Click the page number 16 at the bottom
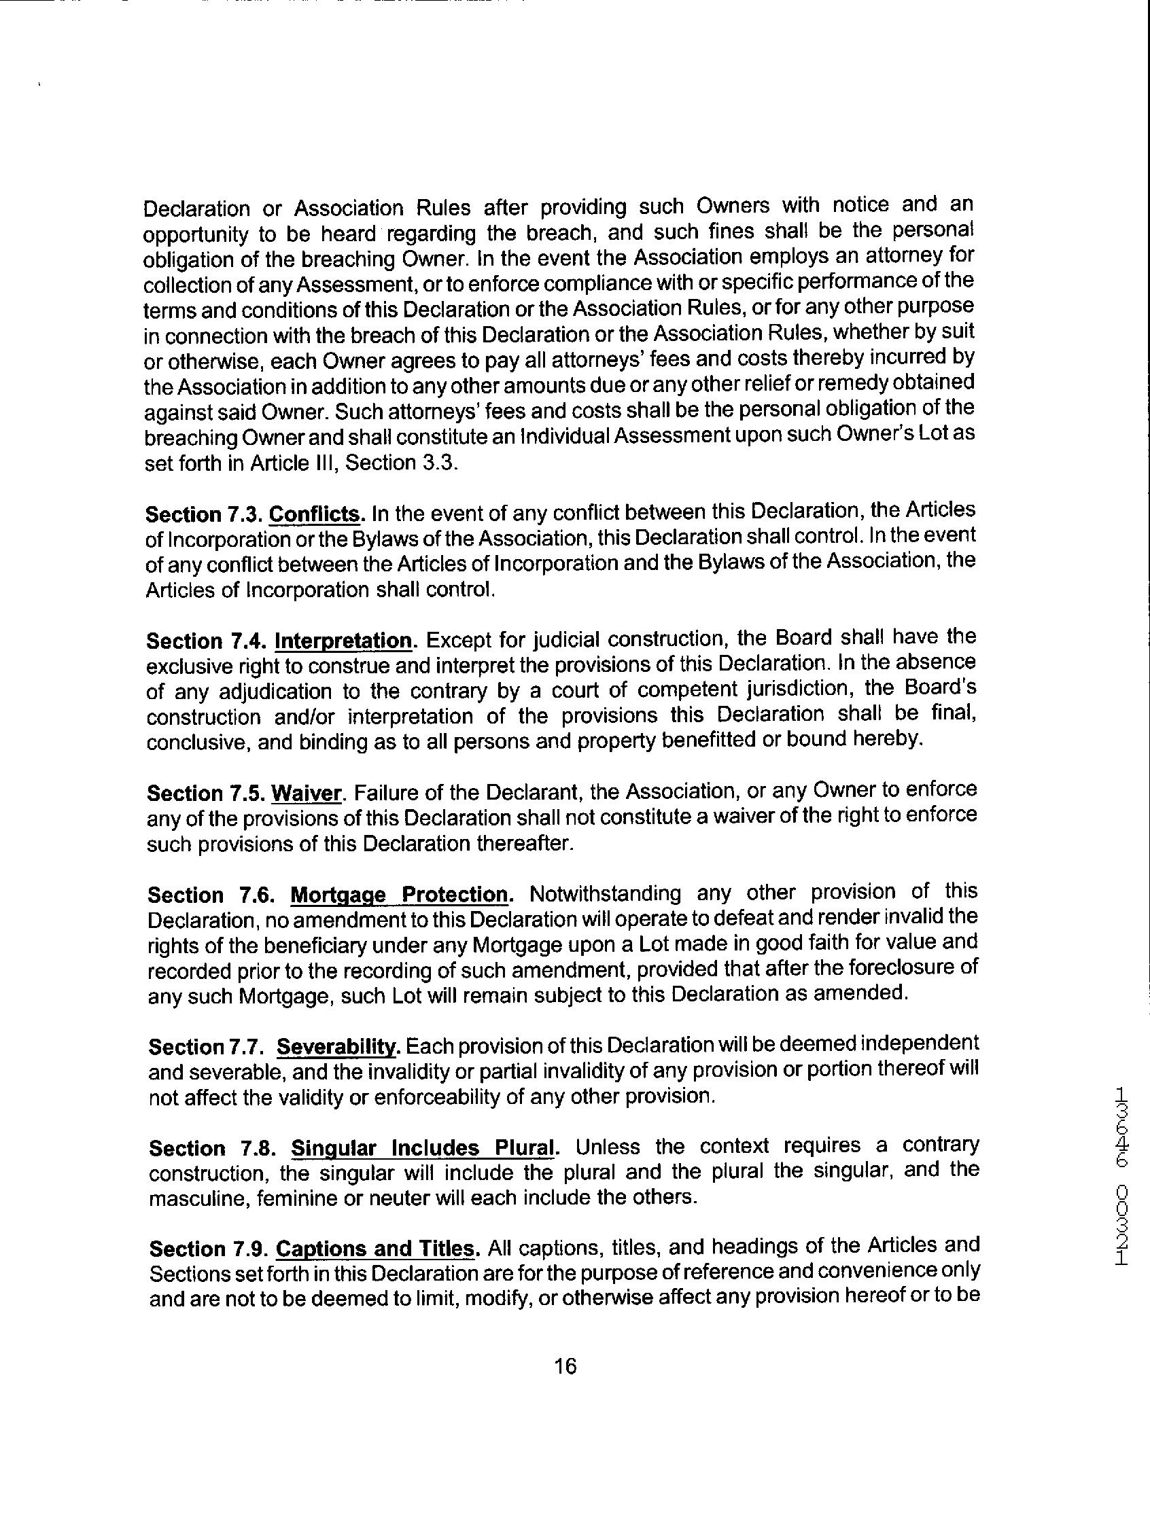[565, 1366]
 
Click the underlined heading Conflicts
[316, 514]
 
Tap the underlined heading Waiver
[307, 793]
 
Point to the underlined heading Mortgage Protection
[400, 895]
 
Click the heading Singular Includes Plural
[422, 1148]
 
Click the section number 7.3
[243, 514]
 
